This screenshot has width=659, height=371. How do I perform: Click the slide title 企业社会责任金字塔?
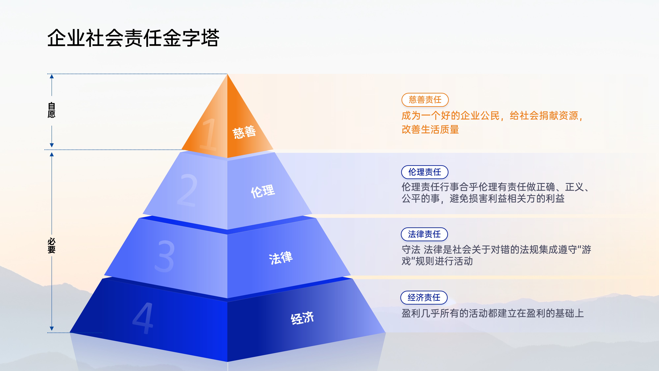133,38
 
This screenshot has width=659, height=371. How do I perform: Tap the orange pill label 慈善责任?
425,100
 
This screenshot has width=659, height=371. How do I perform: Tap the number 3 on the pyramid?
165,256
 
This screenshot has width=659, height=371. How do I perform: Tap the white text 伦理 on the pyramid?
263,191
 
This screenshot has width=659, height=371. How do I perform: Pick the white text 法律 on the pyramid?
281,258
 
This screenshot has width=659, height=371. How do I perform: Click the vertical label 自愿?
51,110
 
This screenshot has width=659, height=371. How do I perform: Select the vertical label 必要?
51,246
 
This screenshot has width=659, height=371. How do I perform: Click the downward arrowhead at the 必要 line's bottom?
52,328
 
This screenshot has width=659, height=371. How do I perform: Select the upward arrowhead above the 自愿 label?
52,76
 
